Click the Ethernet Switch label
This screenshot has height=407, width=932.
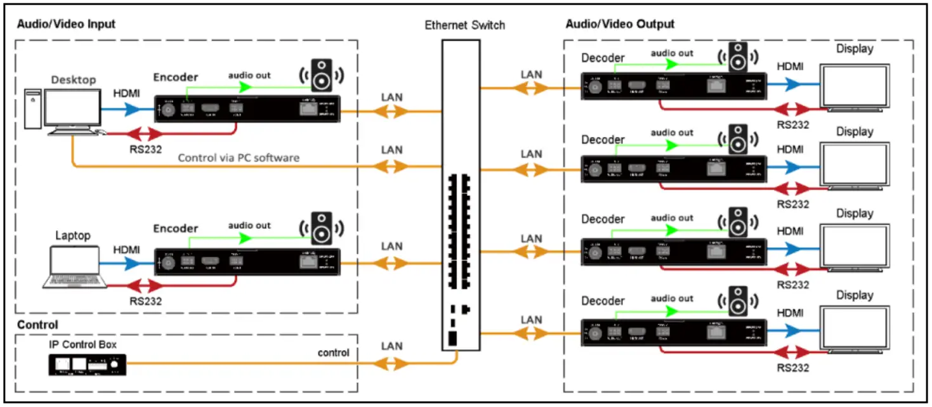[x=465, y=25]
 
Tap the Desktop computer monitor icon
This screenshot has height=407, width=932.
[x=72, y=108]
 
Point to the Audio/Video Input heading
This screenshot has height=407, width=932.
[x=66, y=24]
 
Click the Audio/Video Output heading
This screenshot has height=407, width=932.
[x=619, y=24]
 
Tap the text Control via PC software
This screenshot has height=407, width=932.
[x=238, y=157]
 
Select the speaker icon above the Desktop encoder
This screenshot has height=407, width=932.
[x=321, y=74]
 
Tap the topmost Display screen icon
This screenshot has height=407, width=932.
[x=854, y=86]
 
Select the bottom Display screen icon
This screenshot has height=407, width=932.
[x=854, y=328]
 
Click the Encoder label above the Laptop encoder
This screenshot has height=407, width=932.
[x=176, y=228]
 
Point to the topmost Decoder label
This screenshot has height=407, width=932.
[x=603, y=58]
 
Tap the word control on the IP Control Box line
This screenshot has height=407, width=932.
[x=333, y=352]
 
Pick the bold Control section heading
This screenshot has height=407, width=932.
[x=37, y=325]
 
